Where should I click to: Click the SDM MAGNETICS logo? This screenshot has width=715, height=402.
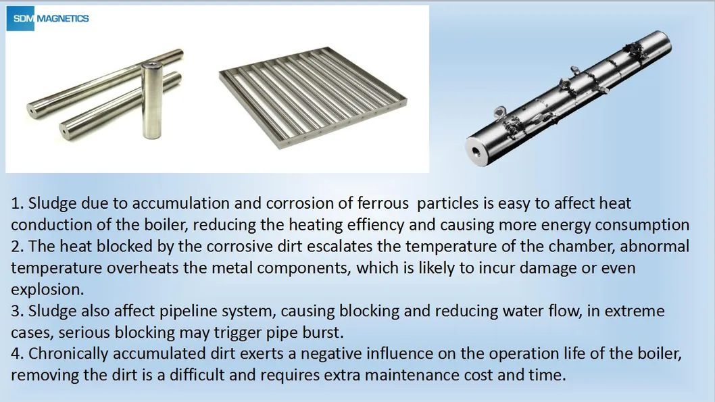click(x=48, y=18)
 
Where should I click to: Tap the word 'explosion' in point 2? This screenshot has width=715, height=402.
click(x=44, y=289)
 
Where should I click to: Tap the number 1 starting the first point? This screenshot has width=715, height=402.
click(x=15, y=203)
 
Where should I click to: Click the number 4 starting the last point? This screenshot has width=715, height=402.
click(x=16, y=354)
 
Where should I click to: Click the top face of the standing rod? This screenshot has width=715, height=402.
click(x=151, y=66)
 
